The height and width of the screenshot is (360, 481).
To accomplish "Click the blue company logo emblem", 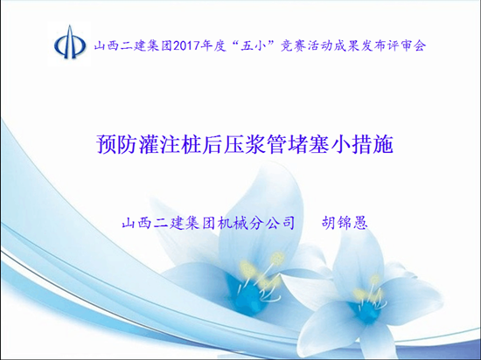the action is coord(70,42).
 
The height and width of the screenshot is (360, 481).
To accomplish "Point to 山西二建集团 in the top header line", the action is coord(133,46).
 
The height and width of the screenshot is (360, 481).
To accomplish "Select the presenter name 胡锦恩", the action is coord(345,223).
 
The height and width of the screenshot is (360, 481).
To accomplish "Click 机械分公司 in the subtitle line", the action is coord(256,223).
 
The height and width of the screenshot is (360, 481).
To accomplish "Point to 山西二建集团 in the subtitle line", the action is coord(169,223).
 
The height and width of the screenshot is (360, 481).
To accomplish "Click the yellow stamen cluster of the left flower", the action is coord(261,271).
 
